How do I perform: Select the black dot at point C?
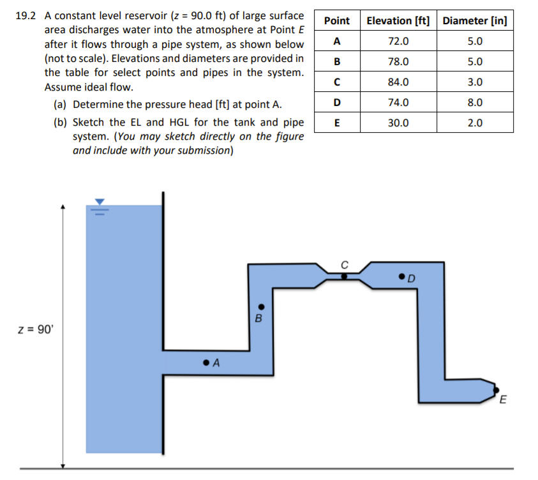point(344,277)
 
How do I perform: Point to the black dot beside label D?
point(401,276)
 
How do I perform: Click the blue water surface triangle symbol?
point(99,201)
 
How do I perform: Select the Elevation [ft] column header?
point(398,20)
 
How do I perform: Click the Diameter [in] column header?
point(475,20)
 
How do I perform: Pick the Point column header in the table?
point(336,20)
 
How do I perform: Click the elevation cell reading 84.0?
point(398,82)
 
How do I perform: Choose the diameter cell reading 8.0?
point(475,102)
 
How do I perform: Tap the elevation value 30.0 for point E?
point(398,123)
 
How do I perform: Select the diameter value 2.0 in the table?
point(475,123)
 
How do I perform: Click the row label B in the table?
point(336,62)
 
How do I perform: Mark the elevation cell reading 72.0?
point(398,41)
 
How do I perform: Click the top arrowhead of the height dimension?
point(63,207)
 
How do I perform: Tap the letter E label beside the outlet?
point(503,401)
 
